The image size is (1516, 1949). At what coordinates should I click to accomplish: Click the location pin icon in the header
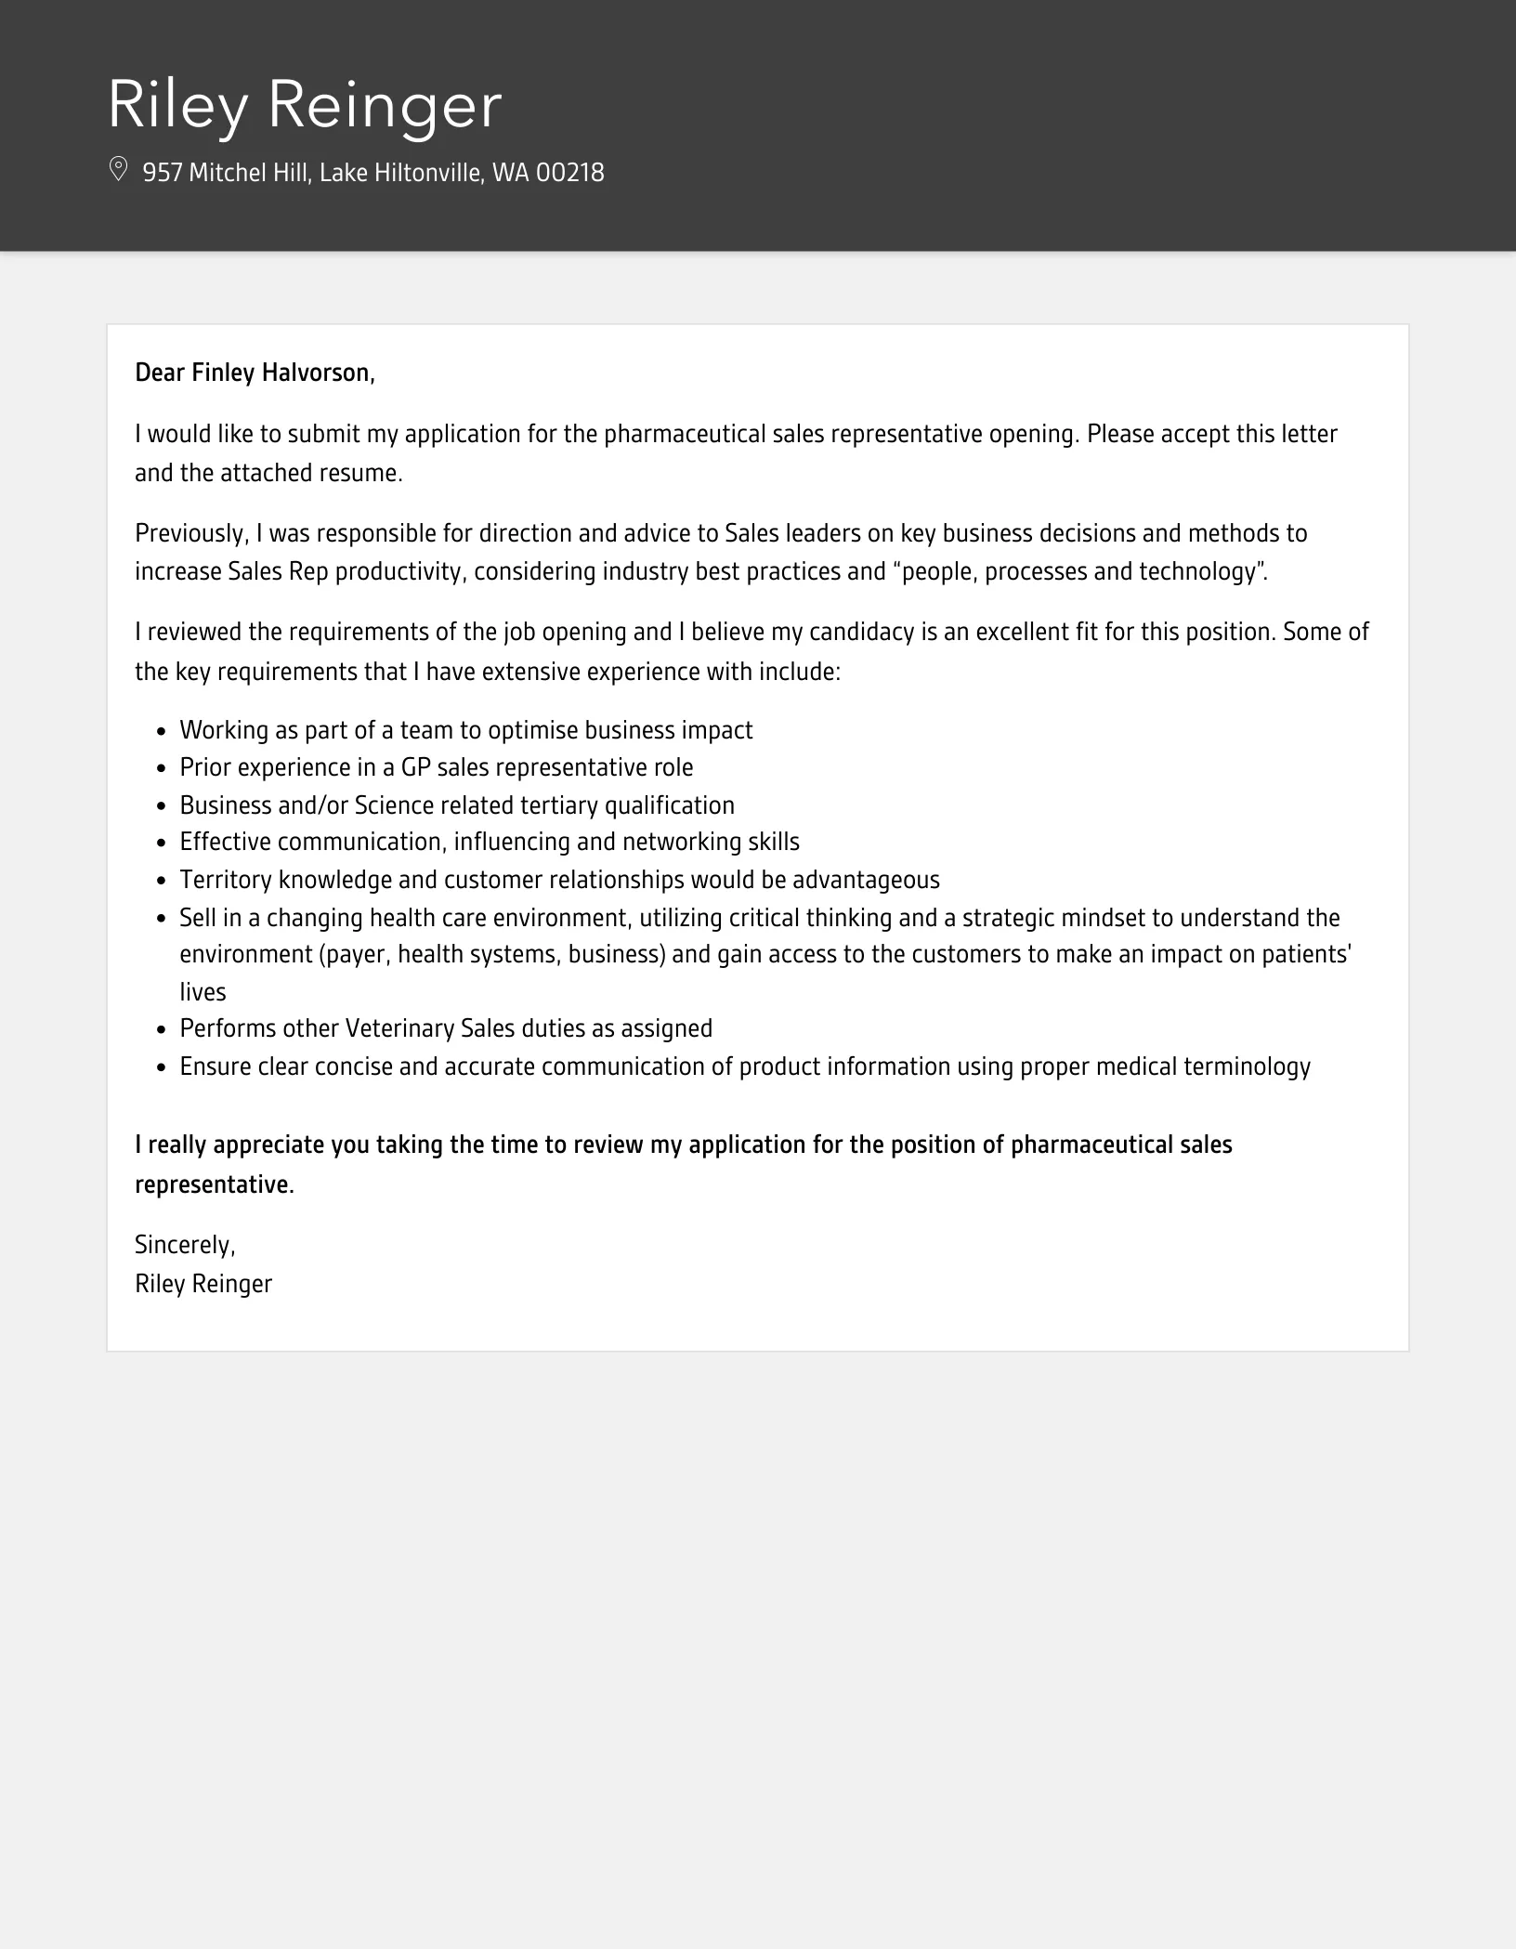click(x=118, y=170)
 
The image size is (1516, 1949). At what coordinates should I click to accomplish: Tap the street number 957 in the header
click(x=162, y=173)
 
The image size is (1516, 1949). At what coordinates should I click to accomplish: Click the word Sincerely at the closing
click(x=184, y=1245)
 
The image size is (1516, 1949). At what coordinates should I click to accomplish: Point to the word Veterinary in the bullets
click(x=399, y=1028)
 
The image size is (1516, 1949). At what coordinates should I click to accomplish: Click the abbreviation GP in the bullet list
click(x=415, y=767)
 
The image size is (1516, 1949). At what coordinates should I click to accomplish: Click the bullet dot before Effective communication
click(x=161, y=844)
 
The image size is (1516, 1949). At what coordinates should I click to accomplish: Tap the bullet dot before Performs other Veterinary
click(x=161, y=1030)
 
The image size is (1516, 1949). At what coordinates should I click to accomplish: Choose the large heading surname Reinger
click(x=385, y=104)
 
